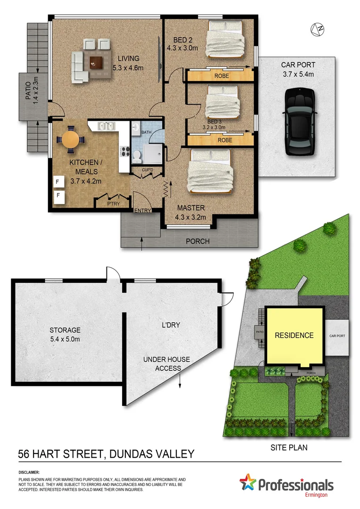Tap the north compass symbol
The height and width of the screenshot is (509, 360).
(x=318, y=29)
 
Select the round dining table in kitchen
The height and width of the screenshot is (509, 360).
(x=71, y=139)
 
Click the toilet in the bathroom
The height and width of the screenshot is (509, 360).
(x=137, y=154)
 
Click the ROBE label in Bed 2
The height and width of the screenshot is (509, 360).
(x=221, y=75)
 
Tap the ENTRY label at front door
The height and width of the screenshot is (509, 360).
(x=143, y=211)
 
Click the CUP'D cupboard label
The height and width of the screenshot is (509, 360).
(x=144, y=170)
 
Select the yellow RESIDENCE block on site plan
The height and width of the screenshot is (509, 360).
(x=295, y=336)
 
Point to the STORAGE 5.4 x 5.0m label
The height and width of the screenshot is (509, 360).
(x=65, y=334)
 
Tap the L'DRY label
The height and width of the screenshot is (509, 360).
(x=171, y=325)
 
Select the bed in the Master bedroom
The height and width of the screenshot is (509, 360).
(x=209, y=171)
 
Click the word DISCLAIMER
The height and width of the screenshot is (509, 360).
(x=29, y=472)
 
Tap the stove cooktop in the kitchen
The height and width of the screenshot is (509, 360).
(x=125, y=152)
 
